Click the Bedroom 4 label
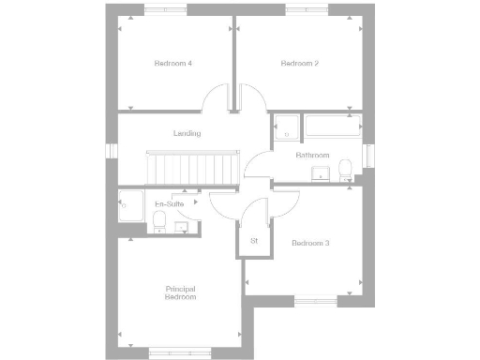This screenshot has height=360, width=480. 174,64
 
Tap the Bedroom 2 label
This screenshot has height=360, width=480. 300,64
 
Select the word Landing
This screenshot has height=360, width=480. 187,133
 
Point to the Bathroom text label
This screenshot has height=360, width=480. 312,155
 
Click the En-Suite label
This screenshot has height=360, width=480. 169,203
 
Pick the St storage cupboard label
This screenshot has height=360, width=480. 254,241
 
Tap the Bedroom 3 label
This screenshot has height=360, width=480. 310,244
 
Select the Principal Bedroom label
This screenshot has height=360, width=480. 181,292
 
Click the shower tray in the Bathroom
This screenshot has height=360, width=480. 286,127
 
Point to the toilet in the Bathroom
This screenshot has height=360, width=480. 345,169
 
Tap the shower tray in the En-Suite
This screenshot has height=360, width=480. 129,205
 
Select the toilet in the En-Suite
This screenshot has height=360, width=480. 158,219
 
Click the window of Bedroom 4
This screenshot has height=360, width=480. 165,10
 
